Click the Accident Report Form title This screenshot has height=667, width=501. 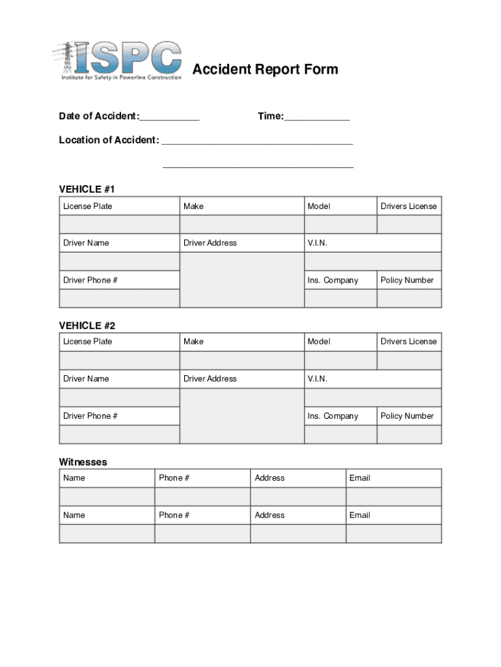tap(265, 69)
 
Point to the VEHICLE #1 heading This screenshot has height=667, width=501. tap(87, 190)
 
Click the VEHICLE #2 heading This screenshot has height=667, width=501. tap(87, 325)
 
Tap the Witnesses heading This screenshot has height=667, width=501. tap(83, 462)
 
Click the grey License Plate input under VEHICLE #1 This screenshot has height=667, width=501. tap(119, 225)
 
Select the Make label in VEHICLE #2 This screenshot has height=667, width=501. tap(193, 341)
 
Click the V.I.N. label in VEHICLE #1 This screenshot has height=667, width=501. tap(318, 243)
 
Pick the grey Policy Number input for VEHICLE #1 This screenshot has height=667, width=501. tap(409, 298)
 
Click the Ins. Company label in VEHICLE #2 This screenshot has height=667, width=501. tap(332, 416)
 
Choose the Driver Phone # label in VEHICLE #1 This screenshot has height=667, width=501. tap(90, 280)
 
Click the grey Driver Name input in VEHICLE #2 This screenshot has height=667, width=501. tap(119, 397)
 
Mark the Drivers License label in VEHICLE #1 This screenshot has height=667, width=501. tap(409, 206)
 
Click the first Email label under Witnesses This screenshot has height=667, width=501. tap(359, 478)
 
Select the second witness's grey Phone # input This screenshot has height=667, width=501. tap(202, 533)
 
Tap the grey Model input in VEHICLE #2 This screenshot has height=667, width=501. tap(340, 360)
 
